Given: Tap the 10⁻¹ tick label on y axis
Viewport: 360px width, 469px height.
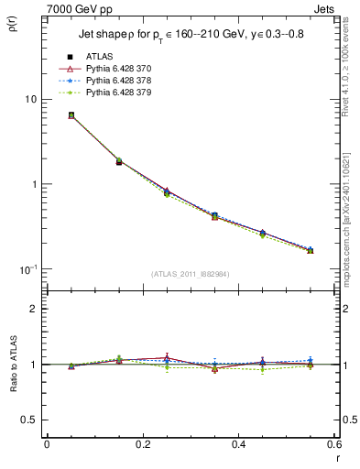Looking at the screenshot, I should tap(27, 269).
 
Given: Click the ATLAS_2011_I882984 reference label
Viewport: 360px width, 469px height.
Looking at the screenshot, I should tap(190, 273).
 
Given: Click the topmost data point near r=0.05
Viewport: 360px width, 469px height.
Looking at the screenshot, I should tap(46, 115).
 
